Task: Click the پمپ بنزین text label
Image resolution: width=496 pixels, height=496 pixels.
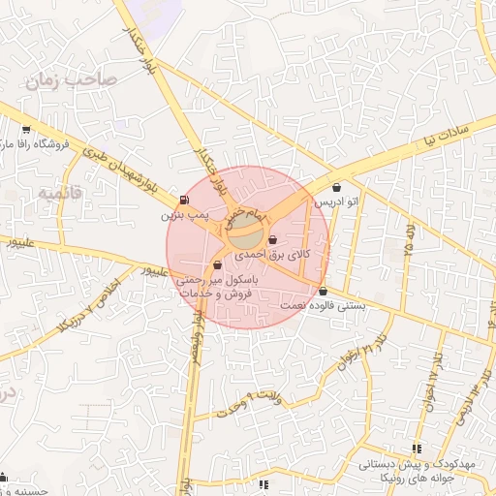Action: pyautogui.click(x=185, y=214)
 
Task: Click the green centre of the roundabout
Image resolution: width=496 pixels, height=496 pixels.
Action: pyautogui.click(x=247, y=233)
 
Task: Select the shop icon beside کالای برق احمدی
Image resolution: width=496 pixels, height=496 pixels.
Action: pyautogui.click(x=272, y=240)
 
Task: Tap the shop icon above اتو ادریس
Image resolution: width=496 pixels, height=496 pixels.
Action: pyautogui.click(x=336, y=188)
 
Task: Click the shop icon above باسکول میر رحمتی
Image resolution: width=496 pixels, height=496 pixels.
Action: pyautogui.click(x=218, y=264)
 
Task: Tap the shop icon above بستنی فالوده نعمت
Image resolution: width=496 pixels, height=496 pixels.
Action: pyautogui.click(x=323, y=292)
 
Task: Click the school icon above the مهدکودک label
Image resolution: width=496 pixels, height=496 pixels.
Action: pyautogui.click(x=418, y=449)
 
